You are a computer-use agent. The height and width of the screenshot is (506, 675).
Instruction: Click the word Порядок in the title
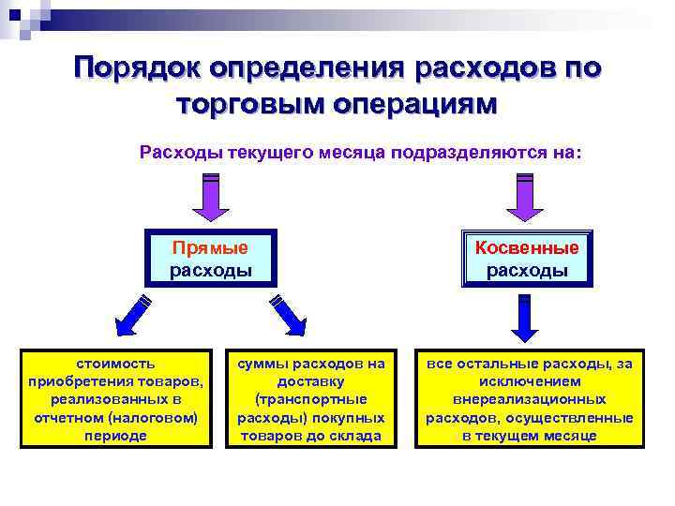pos(137,69)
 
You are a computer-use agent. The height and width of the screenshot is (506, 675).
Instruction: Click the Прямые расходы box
pos(210,259)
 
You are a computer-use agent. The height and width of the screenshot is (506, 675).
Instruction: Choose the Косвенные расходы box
pos(527,259)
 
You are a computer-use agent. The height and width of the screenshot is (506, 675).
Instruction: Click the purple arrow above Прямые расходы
pos(210,198)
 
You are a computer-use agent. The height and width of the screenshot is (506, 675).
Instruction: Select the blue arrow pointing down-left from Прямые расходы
pos(132,315)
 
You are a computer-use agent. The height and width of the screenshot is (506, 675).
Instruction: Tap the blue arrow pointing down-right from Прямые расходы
pos(289,315)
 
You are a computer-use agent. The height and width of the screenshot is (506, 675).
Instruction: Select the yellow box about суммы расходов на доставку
pos(311,399)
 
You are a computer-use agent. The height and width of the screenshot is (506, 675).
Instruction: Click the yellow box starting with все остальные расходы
pos(529,399)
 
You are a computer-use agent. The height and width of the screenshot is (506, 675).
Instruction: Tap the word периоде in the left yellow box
pos(116,437)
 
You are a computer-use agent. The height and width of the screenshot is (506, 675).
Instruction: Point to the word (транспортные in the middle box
pos(311,399)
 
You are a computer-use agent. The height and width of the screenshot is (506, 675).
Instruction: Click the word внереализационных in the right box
pos(529,399)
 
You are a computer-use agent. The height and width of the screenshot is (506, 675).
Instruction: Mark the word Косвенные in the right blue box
pos(527,248)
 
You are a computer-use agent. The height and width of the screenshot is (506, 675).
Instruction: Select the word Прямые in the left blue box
pos(210,248)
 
